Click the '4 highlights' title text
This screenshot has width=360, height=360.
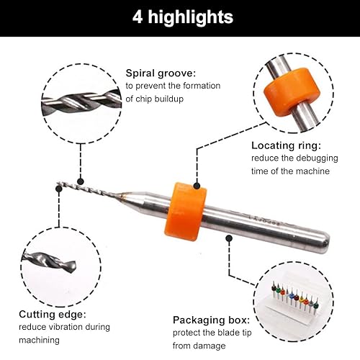183,17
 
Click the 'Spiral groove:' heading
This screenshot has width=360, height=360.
161,73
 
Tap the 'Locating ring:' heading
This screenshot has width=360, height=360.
286,145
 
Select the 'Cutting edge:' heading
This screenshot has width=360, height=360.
53,315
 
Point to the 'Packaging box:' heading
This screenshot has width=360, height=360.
212,320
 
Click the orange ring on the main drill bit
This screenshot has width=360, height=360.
185,212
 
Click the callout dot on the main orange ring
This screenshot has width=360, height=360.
197,186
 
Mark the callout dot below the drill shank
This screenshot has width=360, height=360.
229,238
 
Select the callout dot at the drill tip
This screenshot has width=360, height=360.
59,189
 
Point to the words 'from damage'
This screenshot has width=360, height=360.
199,346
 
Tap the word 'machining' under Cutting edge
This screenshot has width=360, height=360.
39,341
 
